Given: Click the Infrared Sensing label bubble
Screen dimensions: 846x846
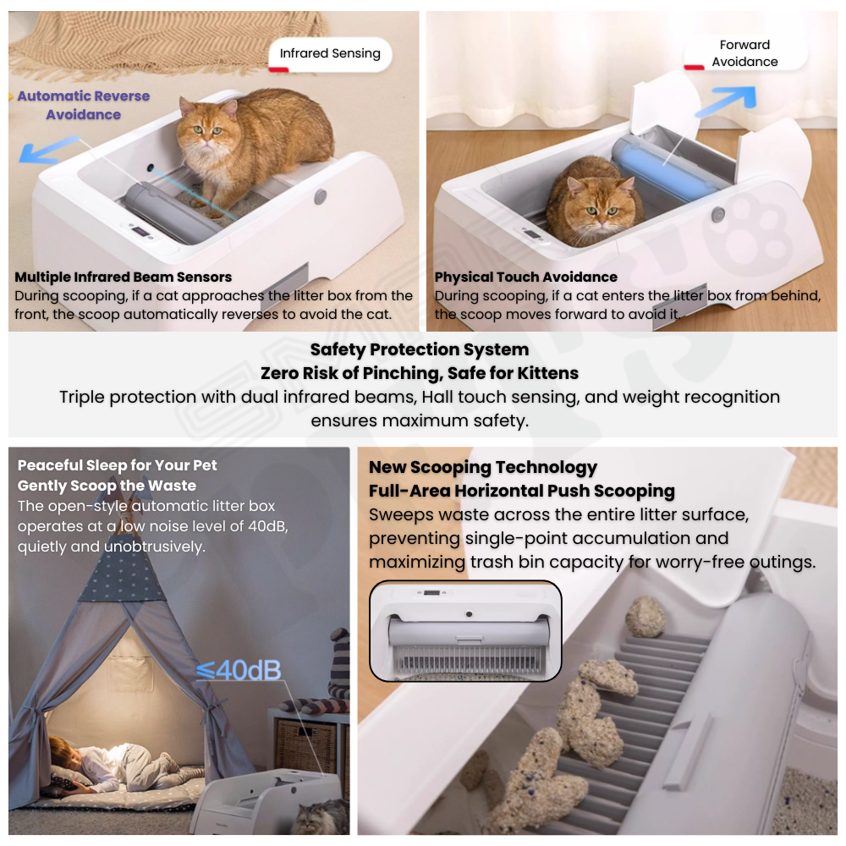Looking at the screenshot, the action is click(x=330, y=54).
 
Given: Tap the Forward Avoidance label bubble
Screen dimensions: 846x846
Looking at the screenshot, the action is click(x=745, y=52).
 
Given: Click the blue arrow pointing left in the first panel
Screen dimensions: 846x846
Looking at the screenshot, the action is click(x=48, y=150).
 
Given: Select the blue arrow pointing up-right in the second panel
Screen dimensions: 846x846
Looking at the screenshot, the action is click(x=726, y=102).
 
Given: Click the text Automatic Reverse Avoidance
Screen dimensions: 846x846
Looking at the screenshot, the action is click(x=84, y=105).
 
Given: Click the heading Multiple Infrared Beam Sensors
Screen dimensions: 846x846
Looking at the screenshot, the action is click(x=123, y=277).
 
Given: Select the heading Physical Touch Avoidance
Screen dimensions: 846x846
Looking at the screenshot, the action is click(x=526, y=277).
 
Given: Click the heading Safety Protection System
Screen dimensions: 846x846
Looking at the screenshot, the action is click(x=420, y=349).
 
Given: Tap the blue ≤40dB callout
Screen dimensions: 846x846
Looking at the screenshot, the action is click(x=239, y=670).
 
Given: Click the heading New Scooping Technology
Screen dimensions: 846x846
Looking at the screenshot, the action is click(x=483, y=467).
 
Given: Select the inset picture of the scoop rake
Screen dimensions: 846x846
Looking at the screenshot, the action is click(x=465, y=630).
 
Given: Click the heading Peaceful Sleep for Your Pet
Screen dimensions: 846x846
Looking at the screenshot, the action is click(x=117, y=465).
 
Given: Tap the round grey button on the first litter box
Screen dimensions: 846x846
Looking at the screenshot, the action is click(x=321, y=196).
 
